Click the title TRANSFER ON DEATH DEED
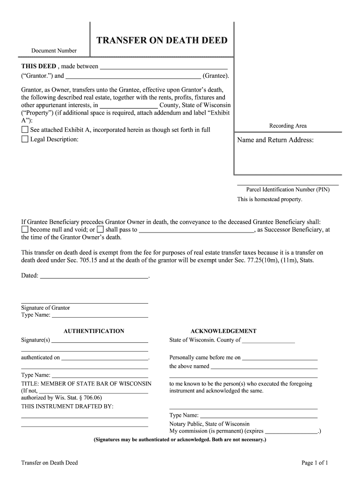click(x=162, y=41)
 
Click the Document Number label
click(x=54, y=51)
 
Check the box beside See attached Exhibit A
click(x=25, y=130)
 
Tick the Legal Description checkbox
click(x=25, y=139)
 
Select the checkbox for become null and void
click(x=25, y=230)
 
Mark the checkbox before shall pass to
click(x=100, y=230)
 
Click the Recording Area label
click(x=288, y=126)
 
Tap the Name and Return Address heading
click(x=275, y=140)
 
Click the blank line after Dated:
click(x=94, y=276)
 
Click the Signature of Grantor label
click(x=45, y=308)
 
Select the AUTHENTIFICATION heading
click(x=94, y=331)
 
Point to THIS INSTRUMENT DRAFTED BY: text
click(x=67, y=406)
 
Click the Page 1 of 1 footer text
click(x=315, y=463)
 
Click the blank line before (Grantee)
click(x=133, y=76)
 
